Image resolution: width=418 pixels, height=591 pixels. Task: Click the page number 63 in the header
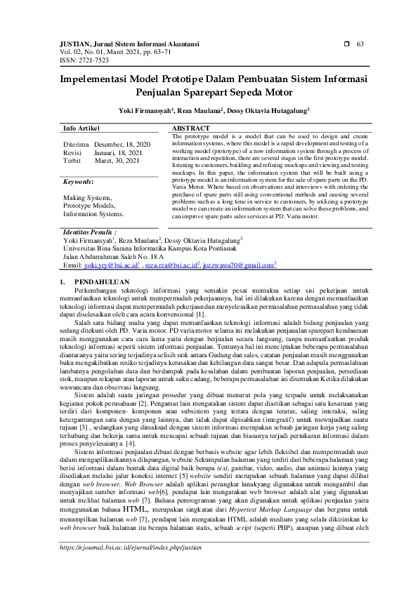(360, 44)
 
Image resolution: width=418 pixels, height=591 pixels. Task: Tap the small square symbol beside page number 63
(346, 44)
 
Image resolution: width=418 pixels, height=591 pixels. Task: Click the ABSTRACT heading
(190, 128)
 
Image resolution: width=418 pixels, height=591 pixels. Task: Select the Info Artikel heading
(81, 128)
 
